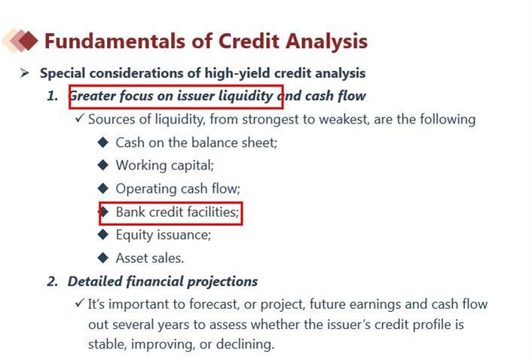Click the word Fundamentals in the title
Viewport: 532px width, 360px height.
coord(115,41)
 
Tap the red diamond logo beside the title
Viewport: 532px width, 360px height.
coord(28,41)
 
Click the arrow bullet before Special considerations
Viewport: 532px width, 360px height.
coord(24,72)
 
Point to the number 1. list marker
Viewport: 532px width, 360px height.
coord(52,96)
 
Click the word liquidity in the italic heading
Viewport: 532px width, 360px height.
coord(246,96)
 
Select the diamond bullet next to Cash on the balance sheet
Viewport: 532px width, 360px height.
coord(102,142)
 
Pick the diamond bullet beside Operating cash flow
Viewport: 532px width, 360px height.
coord(102,188)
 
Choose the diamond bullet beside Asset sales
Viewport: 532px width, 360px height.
coord(102,258)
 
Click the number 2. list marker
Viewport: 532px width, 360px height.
coord(53,282)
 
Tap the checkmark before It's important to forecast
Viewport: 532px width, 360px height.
coord(79,302)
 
